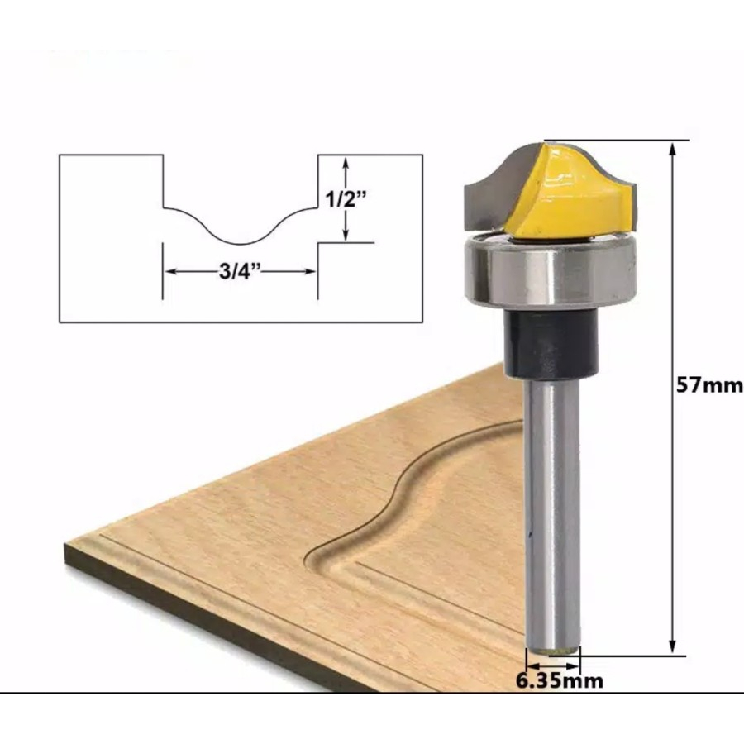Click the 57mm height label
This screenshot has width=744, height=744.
coord(709,386)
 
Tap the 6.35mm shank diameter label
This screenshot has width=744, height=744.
coord(560,681)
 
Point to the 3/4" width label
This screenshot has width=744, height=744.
coord(240,272)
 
